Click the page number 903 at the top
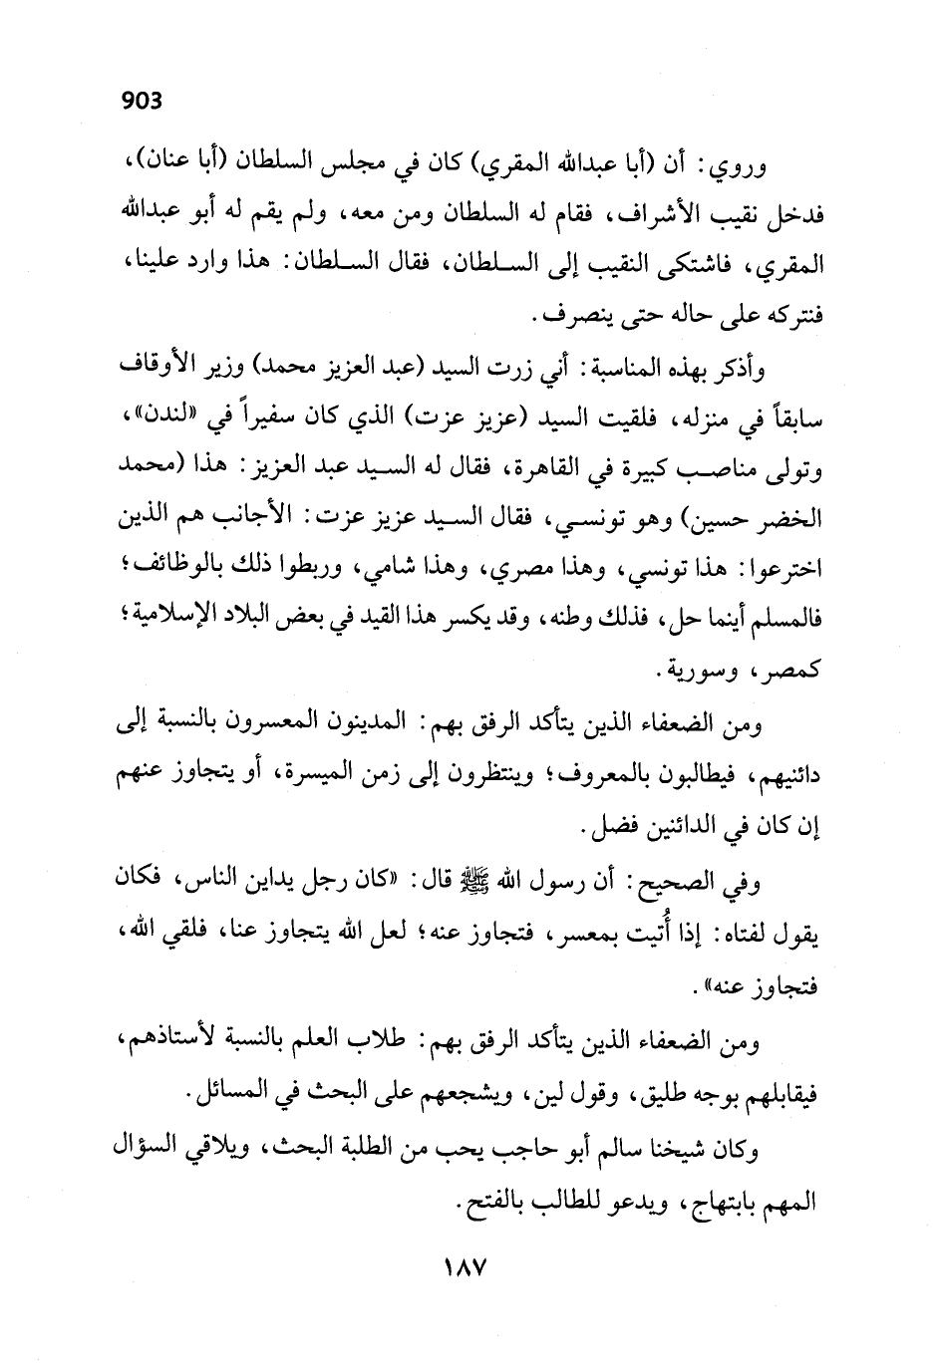coord(141,100)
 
